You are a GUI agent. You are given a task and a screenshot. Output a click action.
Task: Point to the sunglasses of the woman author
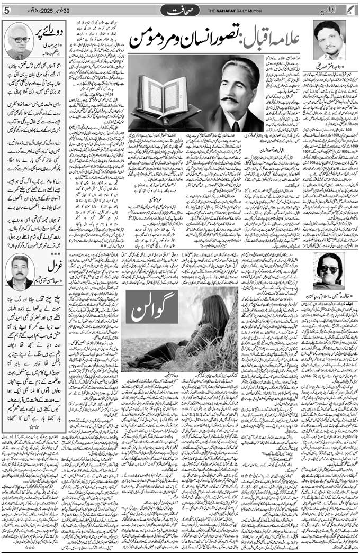click(328, 269)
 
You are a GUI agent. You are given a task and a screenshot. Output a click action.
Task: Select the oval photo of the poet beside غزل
click(20, 270)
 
